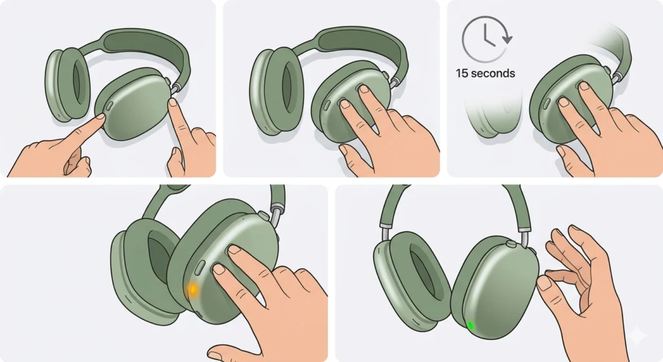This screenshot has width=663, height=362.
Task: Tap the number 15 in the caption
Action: click(x=462, y=73)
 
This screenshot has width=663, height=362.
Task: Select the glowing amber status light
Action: click(x=193, y=289)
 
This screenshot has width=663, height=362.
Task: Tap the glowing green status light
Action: click(x=469, y=325)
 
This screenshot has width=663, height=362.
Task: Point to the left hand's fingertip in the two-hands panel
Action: click(x=100, y=117)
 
